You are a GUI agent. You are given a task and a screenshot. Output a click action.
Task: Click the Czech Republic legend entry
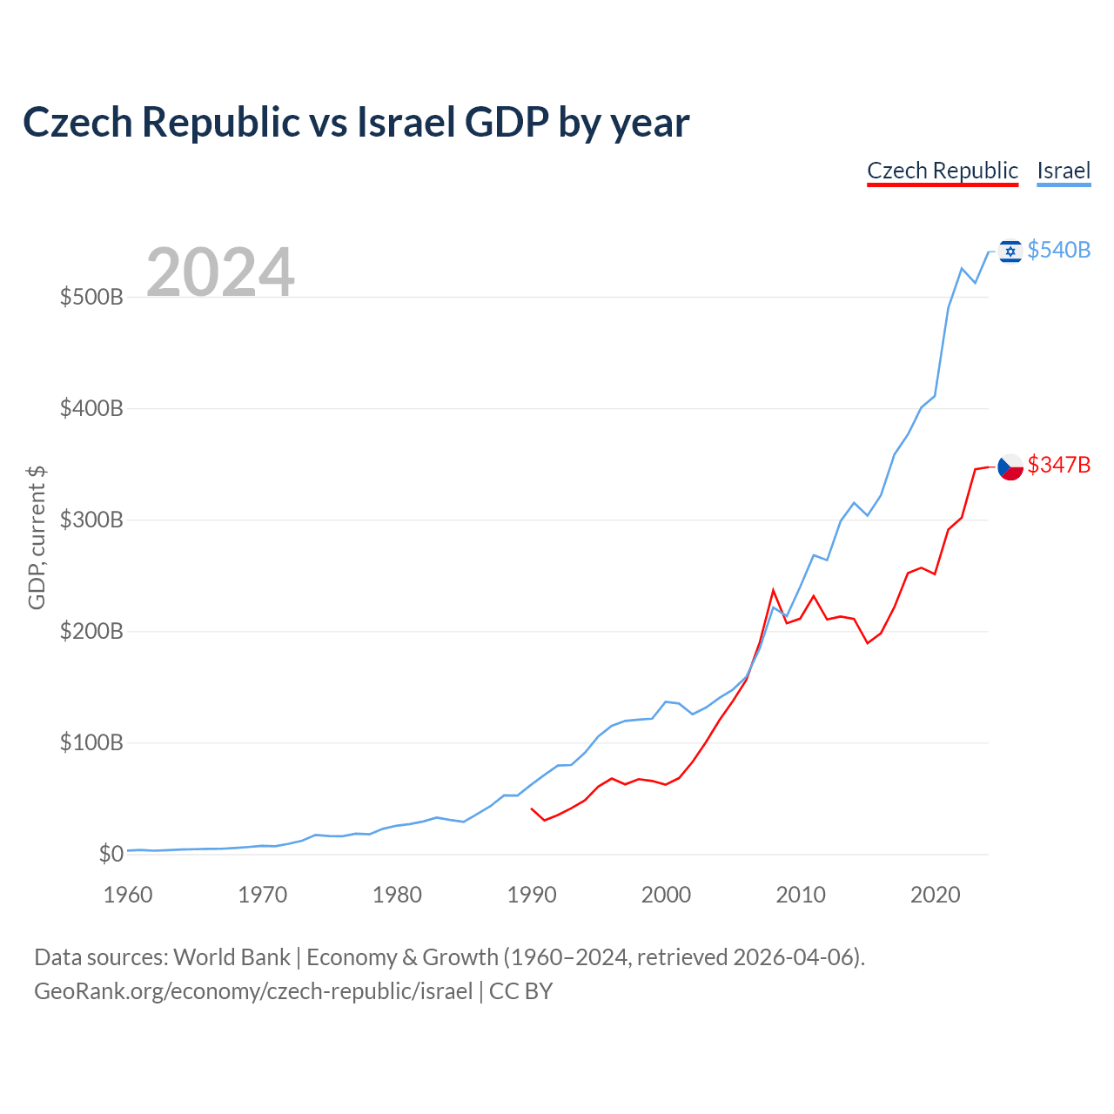[x=943, y=171]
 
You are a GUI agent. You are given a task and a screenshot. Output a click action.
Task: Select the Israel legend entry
[x=1064, y=171]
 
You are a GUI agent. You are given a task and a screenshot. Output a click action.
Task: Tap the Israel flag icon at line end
[x=1010, y=251]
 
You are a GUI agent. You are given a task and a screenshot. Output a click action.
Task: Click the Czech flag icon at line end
[x=1010, y=466]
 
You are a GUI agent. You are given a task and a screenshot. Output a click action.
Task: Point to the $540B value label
[x=1058, y=251]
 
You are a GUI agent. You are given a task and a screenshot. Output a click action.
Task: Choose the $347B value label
[x=1058, y=466]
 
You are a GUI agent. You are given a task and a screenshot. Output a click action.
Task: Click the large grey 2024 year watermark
[x=220, y=272]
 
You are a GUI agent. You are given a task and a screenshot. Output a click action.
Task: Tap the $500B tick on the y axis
[x=91, y=298]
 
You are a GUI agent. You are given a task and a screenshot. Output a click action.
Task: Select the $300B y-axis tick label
[x=91, y=520]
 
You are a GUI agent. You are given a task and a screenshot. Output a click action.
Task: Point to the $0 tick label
[x=111, y=855]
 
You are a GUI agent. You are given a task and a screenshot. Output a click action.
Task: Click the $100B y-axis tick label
[x=91, y=743]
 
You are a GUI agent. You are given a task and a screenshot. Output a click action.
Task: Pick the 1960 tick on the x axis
[x=128, y=895]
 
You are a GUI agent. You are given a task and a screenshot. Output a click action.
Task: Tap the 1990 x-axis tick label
[x=532, y=895]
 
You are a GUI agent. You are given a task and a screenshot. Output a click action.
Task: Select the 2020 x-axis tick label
[x=936, y=895]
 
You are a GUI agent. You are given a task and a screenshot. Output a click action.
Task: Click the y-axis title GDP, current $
[x=37, y=538]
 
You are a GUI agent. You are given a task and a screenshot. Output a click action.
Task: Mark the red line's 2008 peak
[x=773, y=590]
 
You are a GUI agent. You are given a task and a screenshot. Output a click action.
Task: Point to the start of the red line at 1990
[x=532, y=809]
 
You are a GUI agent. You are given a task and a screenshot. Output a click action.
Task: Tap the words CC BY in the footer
[x=520, y=991]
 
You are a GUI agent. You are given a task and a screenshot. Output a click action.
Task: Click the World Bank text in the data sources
[x=232, y=957]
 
